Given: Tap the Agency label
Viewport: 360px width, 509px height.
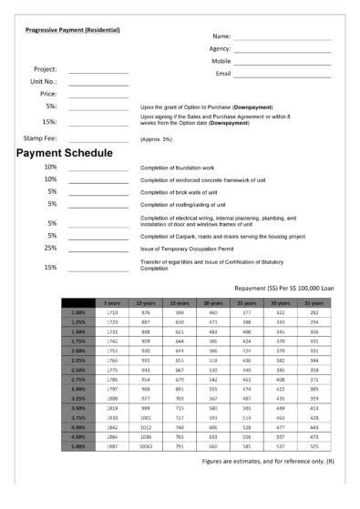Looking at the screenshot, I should [x=220, y=48].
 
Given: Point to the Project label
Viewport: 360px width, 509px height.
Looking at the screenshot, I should [x=46, y=69].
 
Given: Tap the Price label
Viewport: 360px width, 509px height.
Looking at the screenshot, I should [x=48, y=93].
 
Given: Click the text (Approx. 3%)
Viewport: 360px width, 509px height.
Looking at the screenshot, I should [x=158, y=137].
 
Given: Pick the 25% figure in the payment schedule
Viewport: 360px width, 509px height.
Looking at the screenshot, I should [x=51, y=248].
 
